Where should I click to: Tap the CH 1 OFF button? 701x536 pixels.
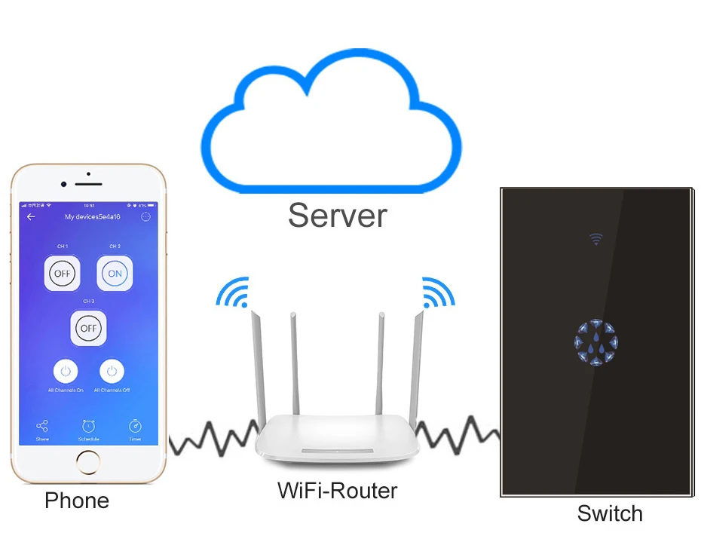(63, 273)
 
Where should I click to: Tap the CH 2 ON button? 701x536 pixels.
(115, 273)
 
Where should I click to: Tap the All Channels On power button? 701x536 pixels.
(66, 371)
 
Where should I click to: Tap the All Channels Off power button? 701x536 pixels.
(112, 371)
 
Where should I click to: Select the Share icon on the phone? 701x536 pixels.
(42, 427)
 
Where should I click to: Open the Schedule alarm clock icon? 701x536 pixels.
(88, 427)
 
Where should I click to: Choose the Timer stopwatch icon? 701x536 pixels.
(135, 427)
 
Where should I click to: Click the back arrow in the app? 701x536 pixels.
(31, 217)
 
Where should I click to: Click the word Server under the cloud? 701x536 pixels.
(337, 215)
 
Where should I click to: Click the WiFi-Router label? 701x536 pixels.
(337, 491)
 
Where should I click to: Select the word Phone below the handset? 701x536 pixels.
(77, 501)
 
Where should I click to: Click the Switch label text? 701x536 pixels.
(609, 513)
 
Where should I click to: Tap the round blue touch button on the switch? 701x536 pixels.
(595, 343)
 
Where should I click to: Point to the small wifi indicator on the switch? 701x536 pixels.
(595, 239)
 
